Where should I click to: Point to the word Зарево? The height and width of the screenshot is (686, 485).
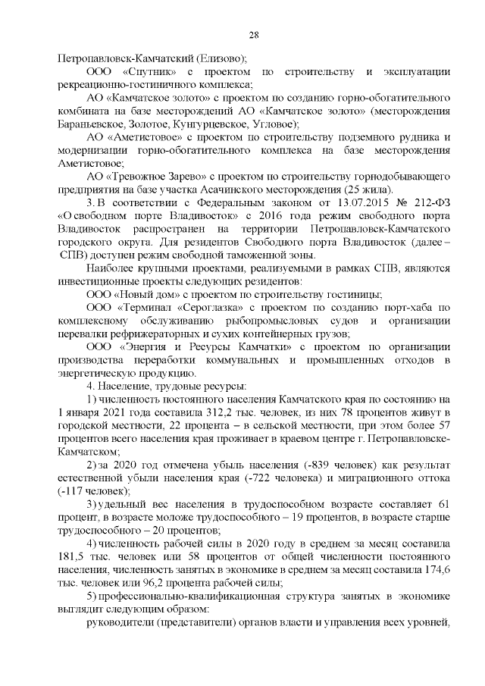tap(177, 176)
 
